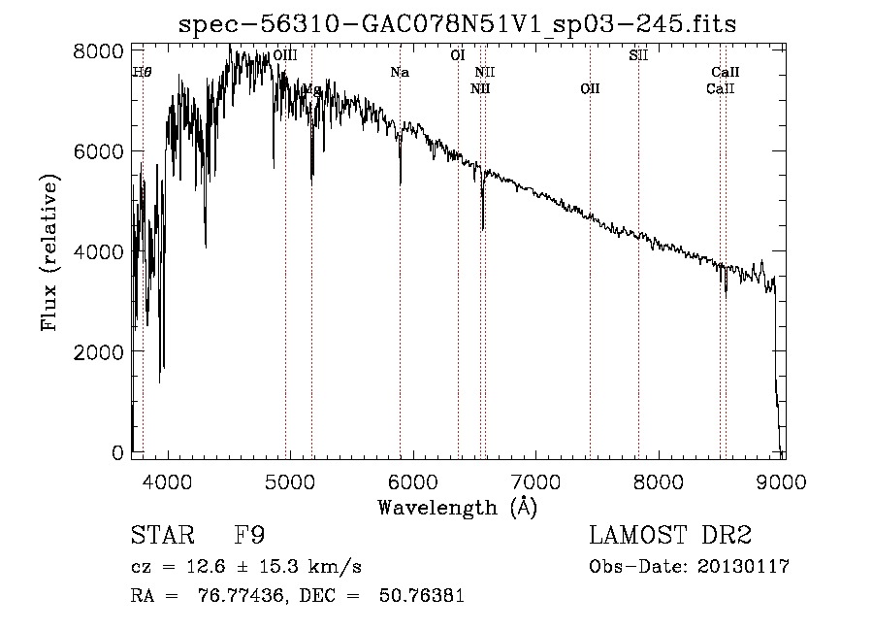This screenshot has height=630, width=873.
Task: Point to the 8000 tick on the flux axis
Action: [102, 50]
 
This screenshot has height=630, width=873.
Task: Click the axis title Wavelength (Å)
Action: [457, 507]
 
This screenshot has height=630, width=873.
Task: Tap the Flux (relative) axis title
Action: [49, 252]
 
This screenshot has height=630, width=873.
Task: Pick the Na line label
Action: [400, 72]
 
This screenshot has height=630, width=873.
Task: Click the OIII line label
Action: [285, 56]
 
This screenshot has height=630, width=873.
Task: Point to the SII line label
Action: [638, 55]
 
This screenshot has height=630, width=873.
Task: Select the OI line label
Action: [458, 55]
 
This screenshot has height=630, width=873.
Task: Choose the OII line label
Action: [590, 88]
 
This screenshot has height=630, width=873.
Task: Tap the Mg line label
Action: [311, 89]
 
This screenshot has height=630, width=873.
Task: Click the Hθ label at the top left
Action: [142, 72]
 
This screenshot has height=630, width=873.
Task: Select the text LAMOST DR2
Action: [670, 536]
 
